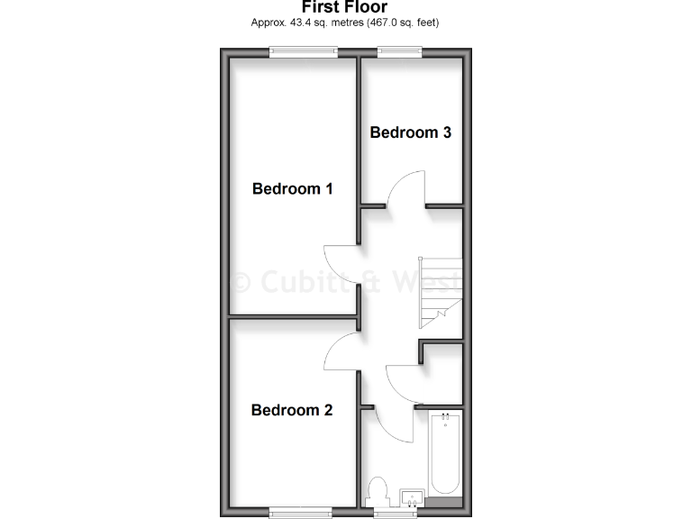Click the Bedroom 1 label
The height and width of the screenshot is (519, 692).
(x=293, y=189)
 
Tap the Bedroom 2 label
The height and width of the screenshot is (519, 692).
(x=292, y=411)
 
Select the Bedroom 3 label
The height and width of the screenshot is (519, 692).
(x=411, y=132)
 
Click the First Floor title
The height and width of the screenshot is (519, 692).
(x=345, y=7)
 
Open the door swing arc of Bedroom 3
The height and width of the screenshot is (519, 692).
(x=405, y=187)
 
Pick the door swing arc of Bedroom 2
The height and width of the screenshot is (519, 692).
(x=341, y=352)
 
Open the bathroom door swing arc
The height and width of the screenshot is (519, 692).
(x=387, y=425)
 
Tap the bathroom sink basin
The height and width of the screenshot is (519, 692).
(x=411, y=496)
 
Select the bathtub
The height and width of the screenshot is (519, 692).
(x=445, y=455)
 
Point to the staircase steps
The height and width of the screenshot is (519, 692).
(x=442, y=293)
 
